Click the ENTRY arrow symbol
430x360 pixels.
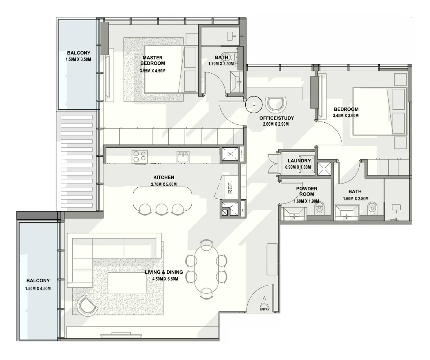pos(264,301)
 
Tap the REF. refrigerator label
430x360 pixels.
pos(231,187)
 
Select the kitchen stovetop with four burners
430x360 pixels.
pos(139,157)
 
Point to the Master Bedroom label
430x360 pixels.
pos(153,61)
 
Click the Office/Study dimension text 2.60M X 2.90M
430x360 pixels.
pos(276,124)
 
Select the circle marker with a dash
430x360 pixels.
pos(254,105)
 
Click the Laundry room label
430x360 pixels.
pos(299,161)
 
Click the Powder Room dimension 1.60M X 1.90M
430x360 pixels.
pos(306,201)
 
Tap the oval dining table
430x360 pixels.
pos(206,270)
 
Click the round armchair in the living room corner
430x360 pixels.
pos(86,306)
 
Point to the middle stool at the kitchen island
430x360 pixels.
pos(161,209)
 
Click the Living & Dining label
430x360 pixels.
pos(164,272)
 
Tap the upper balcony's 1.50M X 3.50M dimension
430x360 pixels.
pos(78,59)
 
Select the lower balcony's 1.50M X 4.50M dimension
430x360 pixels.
pos(38,289)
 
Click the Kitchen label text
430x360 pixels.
pos(164,178)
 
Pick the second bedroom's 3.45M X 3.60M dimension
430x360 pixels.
pos(346,115)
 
